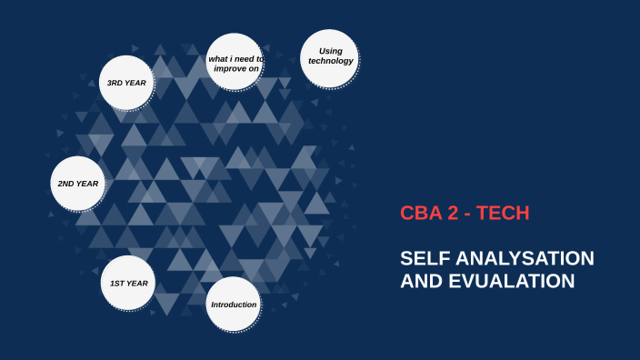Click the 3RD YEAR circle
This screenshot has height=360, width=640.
click(x=127, y=83)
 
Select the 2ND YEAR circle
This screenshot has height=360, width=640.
click(x=77, y=184)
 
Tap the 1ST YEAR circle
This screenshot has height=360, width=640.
click(x=128, y=284)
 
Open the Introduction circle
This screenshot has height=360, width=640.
click(x=234, y=304)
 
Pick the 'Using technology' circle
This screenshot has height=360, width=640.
click(x=329, y=56)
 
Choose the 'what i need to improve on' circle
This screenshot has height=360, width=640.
click(x=235, y=63)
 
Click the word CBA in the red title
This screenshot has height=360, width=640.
click(x=421, y=214)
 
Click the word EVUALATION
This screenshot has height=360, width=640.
click(x=511, y=282)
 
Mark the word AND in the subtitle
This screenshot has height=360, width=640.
click(x=420, y=282)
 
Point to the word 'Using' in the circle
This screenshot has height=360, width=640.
click(x=330, y=50)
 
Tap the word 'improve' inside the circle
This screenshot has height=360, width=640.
click(x=227, y=68)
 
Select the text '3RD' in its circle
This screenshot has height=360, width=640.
click(x=115, y=83)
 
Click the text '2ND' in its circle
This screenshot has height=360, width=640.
click(x=65, y=184)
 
